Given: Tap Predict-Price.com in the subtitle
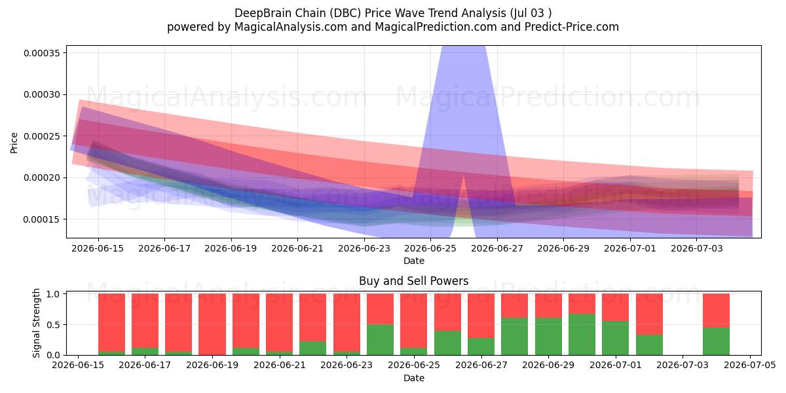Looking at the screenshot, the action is (x=572, y=27).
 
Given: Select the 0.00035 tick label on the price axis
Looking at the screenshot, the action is (x=42, y=53).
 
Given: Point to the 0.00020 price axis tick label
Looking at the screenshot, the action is (x=42, y=178).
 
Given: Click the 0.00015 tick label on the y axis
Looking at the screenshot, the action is (x=42, y=219).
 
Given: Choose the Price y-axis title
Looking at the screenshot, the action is (x=14, y=143).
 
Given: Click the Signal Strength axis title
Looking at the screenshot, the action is (x=36, y=323).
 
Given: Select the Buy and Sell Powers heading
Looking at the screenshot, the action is (x=414, y=281).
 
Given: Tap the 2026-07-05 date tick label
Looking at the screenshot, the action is (x=750, y=365).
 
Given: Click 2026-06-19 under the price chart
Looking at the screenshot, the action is (x=231, y=248).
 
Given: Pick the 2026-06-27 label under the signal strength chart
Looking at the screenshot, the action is (x=481, y=365).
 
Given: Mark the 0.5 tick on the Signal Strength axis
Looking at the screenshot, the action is (x=53, y=325).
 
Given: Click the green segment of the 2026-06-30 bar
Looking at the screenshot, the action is (x=582, y=335).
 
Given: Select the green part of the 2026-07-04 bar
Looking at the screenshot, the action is (x=716, y=341).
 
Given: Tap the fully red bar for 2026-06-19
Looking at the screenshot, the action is (x=212, y=324).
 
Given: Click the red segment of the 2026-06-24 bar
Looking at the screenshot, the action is (x=381, y=309).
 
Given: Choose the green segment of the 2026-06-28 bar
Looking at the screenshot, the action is (x=515, y=337).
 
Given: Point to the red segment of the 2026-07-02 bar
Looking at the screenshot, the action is (x=650, y=314).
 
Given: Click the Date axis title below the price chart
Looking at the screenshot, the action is (x=414, y=261).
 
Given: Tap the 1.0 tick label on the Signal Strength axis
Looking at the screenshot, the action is (x=53, y=294).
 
